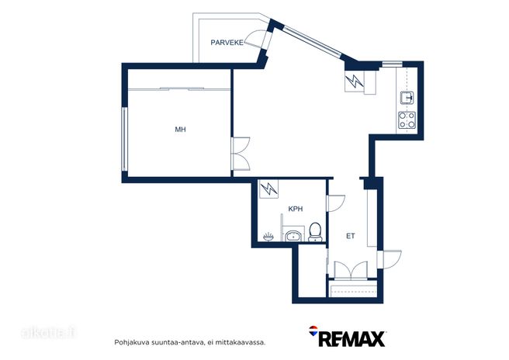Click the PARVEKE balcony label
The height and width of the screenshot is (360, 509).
click(227, 43)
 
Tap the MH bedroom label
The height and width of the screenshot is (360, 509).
click(181, 130)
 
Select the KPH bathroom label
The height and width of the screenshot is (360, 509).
click(296, 209)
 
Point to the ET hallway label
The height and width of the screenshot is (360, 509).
click(351, 236)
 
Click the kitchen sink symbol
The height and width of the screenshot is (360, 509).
click(407, 98)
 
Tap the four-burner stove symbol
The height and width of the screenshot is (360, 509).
click(407, 119)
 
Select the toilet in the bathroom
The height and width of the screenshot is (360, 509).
click(315, 232)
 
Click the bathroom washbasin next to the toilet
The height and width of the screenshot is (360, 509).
click(294, 236)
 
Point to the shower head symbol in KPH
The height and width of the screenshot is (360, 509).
click(268, 237)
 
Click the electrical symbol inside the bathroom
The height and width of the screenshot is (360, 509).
click(269, 189)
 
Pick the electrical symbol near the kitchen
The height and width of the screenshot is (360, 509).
click(354, 81)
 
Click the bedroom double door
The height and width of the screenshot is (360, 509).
click(241, 154)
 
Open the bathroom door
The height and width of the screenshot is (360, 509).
click(336, 203)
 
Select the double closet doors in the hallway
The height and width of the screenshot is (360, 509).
click(351, 271)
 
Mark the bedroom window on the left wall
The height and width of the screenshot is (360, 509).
click(124, 139)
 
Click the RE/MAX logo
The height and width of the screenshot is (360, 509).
click(347, 337)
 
